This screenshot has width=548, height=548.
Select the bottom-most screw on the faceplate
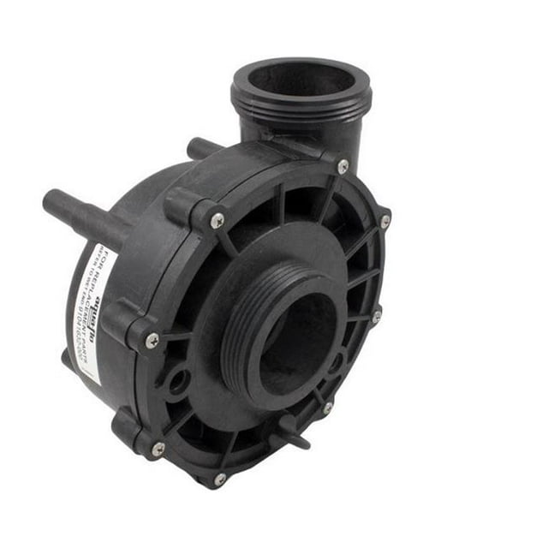220,479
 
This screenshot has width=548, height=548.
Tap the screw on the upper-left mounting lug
217,221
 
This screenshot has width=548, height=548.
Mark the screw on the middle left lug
152,340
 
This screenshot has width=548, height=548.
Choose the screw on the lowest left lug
158,448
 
